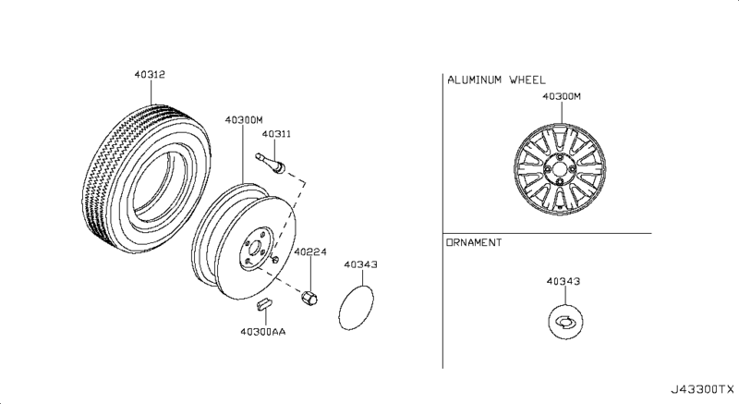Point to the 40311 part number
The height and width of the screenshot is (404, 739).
(x=275, y=135)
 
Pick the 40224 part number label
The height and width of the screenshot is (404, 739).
(x=310, y=251)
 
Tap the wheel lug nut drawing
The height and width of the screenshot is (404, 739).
(x=310, y=297)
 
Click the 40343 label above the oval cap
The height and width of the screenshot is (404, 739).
(x=361, y=263)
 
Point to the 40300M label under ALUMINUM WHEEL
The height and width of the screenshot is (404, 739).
(x=562, y=96)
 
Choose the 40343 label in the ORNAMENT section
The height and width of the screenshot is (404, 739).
(x=563, y=279)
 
